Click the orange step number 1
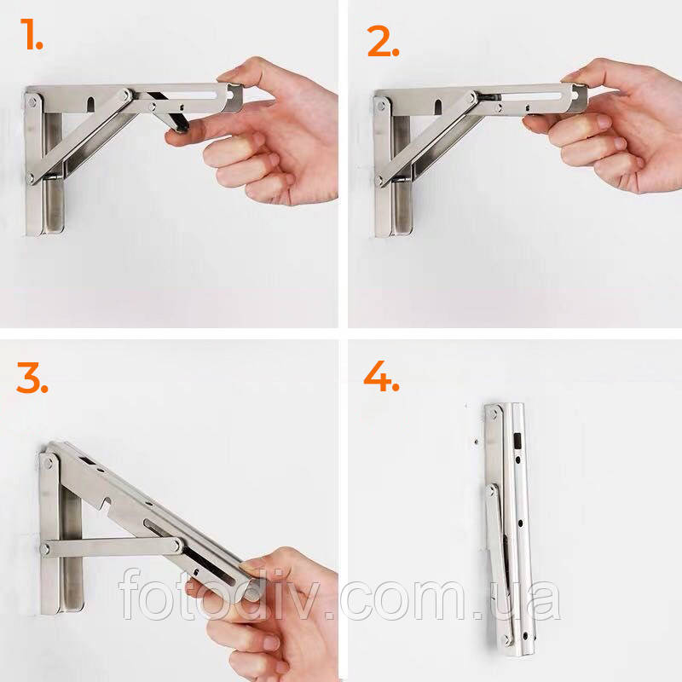point(32,34)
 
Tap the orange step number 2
point(383,41)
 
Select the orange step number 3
point(32,377)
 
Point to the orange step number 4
point(381,376)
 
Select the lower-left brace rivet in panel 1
point(31,177)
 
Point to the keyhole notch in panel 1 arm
point(90,105)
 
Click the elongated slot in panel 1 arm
point(190,95)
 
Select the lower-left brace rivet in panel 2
point(379,180)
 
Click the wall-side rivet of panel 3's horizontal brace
point(45,549)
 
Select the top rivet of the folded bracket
point(494,413)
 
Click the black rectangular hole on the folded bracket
point(517,441)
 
